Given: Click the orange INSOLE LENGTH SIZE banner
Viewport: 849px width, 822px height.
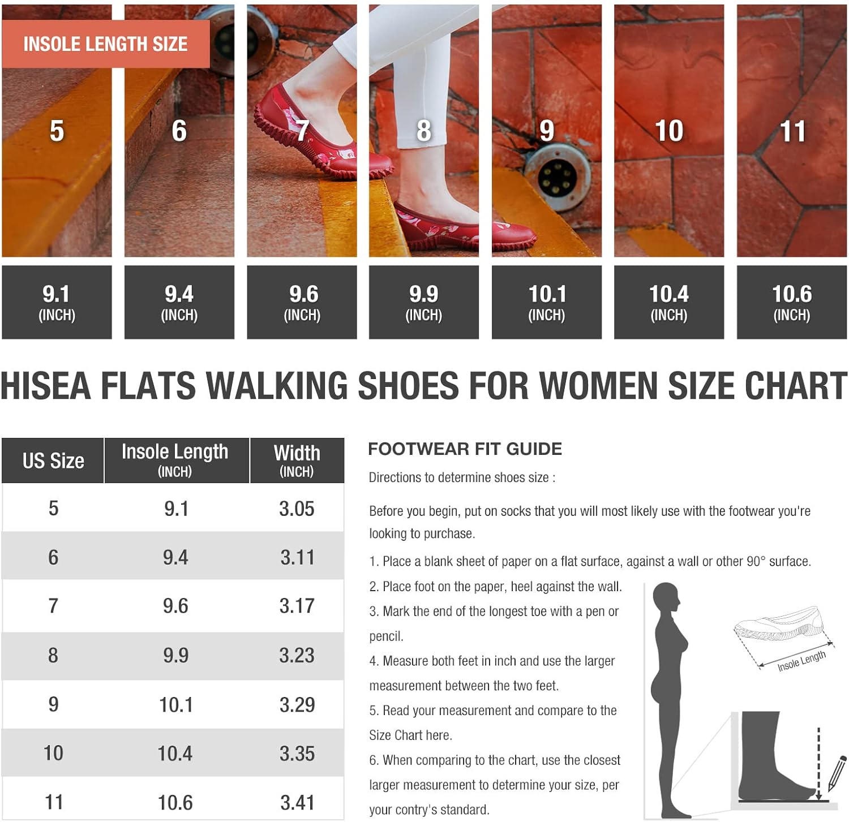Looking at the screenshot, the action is click(106, 44).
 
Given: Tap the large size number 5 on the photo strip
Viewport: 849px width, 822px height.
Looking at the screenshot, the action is click(57, 131).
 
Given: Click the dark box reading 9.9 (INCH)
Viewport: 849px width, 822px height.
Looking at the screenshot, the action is click(424, 302).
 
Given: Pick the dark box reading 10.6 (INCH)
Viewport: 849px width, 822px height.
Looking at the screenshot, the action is click(792, 302).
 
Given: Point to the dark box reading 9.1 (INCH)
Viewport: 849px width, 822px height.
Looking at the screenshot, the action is click(57, 302).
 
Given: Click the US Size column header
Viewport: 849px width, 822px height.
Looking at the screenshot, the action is click(53, 461).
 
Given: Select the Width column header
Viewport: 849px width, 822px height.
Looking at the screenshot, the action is click(297, 461).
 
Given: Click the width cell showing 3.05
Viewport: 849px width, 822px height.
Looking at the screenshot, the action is click(297, 509).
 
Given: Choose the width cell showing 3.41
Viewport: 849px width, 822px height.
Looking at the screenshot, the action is click(297, 802).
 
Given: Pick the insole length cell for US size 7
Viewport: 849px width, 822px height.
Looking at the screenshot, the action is click(175, 606).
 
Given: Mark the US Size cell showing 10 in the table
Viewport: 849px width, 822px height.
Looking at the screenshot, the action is click(53, 753).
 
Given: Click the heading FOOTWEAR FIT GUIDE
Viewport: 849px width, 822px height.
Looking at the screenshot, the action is click(465, 449).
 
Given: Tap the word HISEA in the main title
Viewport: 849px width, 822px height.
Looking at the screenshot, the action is click(46, 386).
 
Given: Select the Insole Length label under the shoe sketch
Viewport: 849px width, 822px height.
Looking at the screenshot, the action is click(801, 661).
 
